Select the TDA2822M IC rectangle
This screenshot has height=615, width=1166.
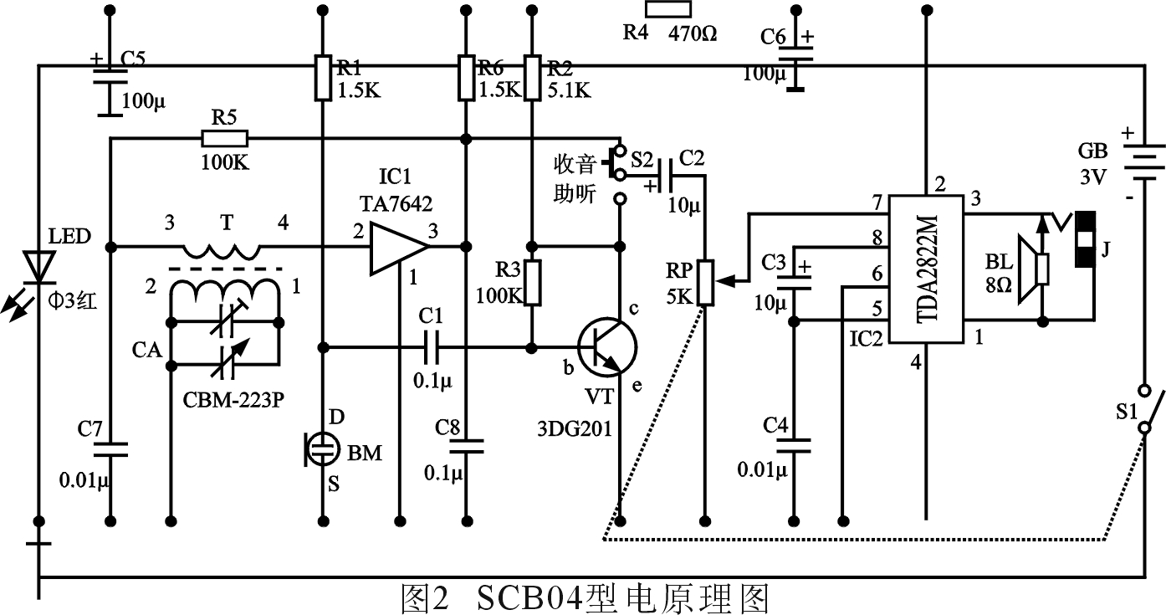point(926,269)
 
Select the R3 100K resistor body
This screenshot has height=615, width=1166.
point(530,283)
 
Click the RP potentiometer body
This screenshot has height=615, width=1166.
point(704,283)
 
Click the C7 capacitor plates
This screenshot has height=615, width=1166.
point(110,448)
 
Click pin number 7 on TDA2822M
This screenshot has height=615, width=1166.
point(876,203)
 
